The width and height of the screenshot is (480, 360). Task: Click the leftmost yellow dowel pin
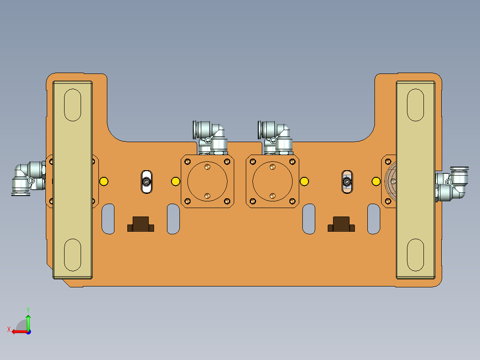click(104, 181)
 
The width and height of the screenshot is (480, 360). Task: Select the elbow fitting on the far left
click(28, 178)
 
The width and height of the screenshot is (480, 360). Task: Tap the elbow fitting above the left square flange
click(209, 135)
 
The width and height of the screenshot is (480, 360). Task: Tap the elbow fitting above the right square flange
click(275, 135)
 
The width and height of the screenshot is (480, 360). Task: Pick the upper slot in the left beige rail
click(73, 105)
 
